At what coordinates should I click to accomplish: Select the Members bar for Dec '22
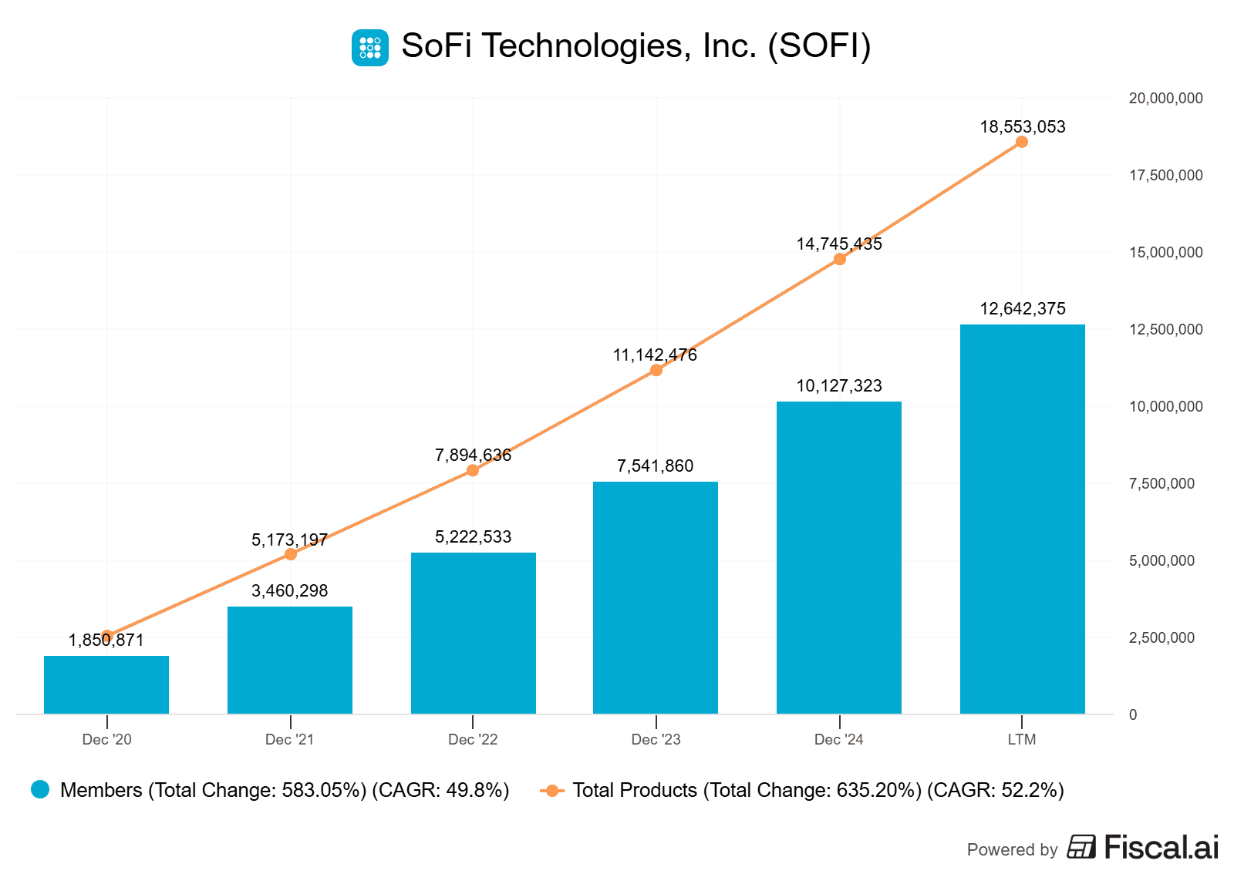point(473,633)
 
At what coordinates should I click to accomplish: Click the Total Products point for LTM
point(1022,142)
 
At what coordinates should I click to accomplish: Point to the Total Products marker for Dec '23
point(656,370)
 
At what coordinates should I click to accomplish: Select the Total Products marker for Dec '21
point(291,554)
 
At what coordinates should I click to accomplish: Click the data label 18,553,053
point(1022,126)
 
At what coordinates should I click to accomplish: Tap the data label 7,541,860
point(655,466)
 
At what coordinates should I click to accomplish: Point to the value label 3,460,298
point(289,590)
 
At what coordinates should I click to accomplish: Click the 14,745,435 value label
point(838,244)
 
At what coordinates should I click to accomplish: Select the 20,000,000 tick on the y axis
point(1165,98)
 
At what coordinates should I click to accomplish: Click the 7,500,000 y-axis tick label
point(1162,483)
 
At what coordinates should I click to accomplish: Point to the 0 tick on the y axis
point(1132,714)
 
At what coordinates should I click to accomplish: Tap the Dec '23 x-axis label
point(656,739)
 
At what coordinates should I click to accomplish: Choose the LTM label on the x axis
point(1022,739)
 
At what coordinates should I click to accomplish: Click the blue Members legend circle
point(40,789)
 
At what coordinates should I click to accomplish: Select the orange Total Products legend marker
point(551,790)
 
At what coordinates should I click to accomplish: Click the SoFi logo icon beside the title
point(370,47)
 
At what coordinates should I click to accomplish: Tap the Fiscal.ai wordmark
point(1161,847)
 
